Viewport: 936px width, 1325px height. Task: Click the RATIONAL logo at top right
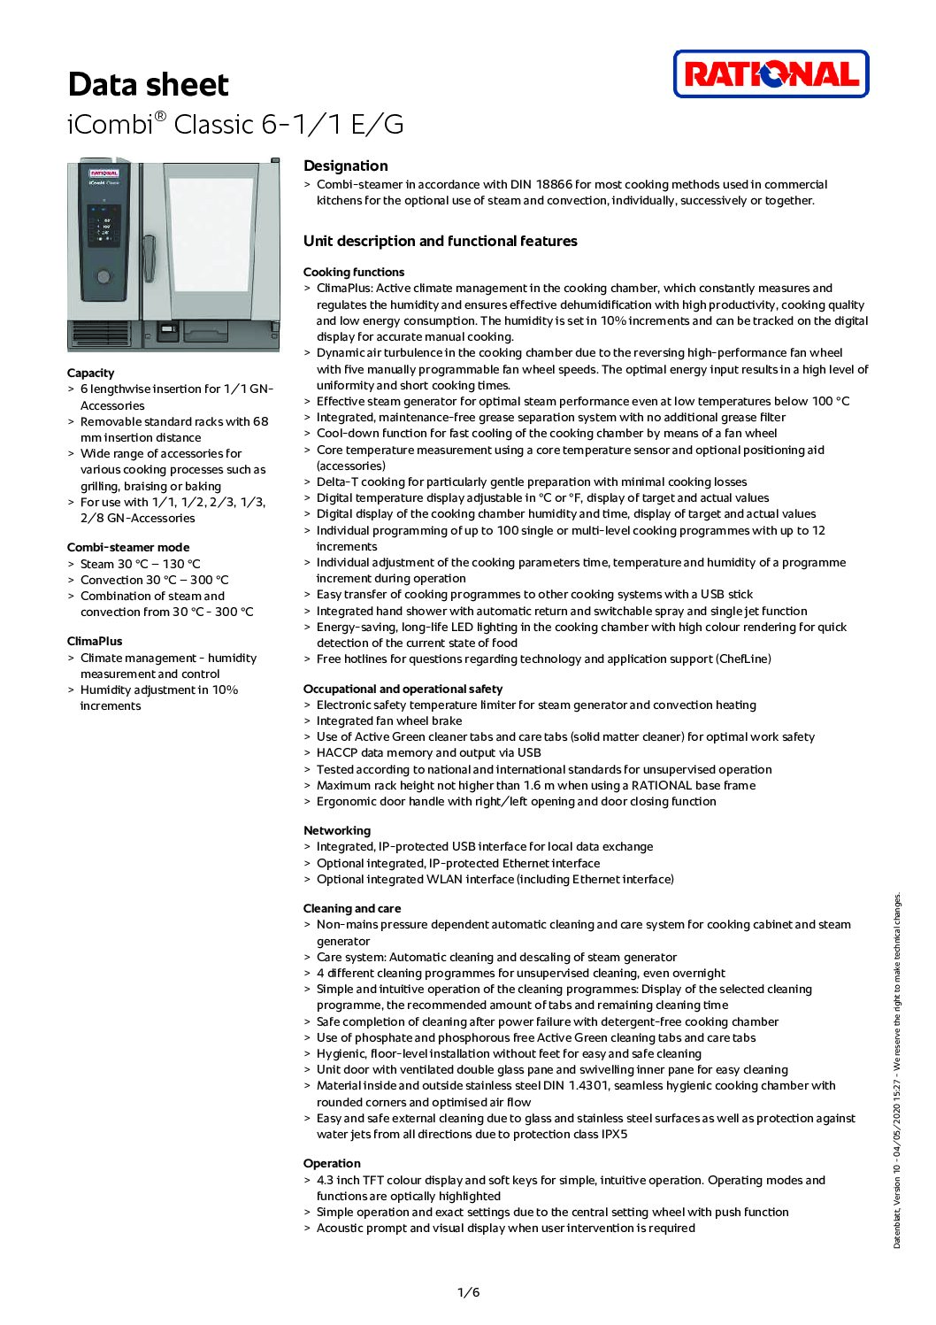coord(771,73)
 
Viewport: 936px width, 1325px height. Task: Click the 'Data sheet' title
coord(148,85)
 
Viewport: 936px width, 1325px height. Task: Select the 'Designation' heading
coord(345,166)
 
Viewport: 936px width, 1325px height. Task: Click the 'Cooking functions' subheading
coord(354,272)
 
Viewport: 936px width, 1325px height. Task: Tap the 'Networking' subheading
coord(337,830)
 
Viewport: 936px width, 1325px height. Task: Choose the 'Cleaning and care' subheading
coord(352,908)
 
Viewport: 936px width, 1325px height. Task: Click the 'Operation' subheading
coord(332,1163)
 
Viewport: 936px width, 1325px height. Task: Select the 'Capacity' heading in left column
coord(90,373)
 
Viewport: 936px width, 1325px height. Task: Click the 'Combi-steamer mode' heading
coord(128,547)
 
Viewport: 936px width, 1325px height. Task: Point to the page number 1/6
coord(468,1292)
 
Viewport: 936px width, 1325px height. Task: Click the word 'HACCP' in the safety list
coord(337,752)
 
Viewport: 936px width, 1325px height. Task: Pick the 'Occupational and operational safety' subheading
coord(403,689)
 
